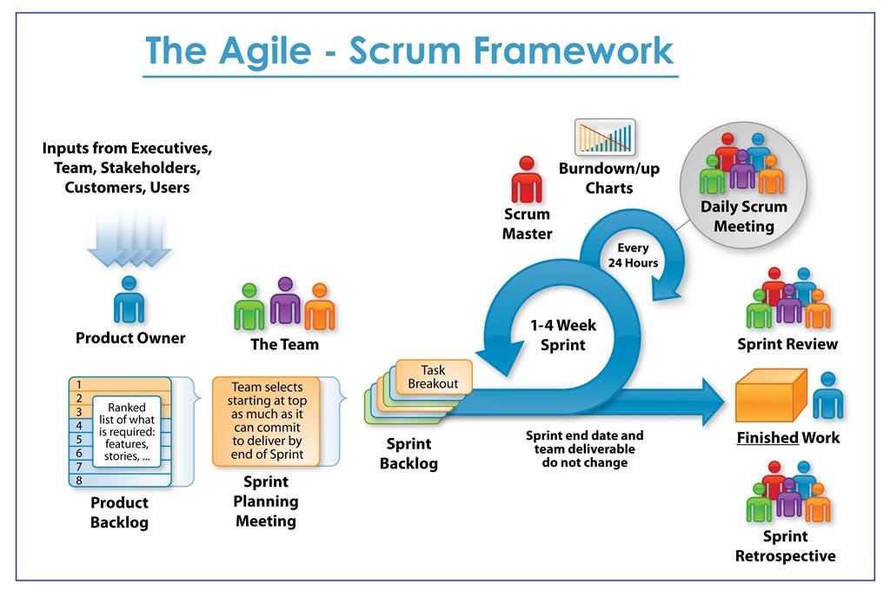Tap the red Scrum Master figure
pyautogui.click(x=526, y=180)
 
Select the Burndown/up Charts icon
pyautogui.click(x=605, y=137)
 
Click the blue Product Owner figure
pyautogui.click(x=130, y=300)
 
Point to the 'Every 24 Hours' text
pyautogui.click(x=633, y=256)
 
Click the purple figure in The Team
pyautogui.click(x=285, y=302)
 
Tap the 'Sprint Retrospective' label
pyautogui.click(x=786, y=546)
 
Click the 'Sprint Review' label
pyautogui.click(x=787, y=344)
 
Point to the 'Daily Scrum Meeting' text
pyautogui.click(x=744, y=216)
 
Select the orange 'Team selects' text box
pyautogui.click(x=266, y=421)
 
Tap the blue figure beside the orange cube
pyautogui.click(x=827, y=396)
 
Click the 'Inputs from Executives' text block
pyautogui.click(x=127, y=168)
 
